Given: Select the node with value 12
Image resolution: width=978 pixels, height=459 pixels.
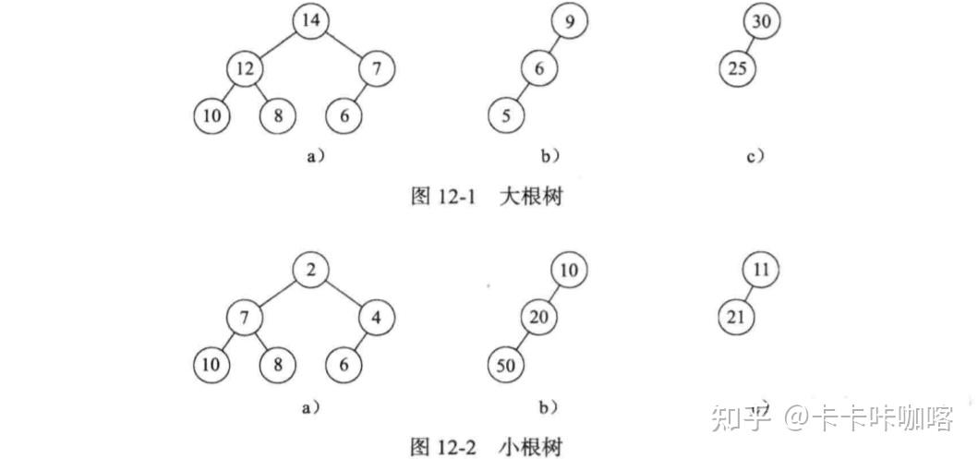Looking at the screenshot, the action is (x=246, y=68).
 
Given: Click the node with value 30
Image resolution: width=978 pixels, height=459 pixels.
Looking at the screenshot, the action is (x=761, y=20).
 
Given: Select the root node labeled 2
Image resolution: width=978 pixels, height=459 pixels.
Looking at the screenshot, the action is (x=312, y=271).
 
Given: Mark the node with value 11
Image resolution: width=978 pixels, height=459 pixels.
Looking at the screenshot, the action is (x=761, y=271).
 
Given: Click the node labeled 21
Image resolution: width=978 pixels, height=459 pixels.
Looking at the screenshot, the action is (x=737, y=319).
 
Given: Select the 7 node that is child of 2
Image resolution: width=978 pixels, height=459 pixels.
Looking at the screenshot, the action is (x=246, y=319).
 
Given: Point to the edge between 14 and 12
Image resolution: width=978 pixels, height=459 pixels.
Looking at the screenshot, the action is (x=279, y=44).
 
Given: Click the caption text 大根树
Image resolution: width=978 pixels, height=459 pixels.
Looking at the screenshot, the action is (x=530, y=197).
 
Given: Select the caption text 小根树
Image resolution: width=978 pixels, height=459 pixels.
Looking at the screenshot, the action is (x=530, y=447).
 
